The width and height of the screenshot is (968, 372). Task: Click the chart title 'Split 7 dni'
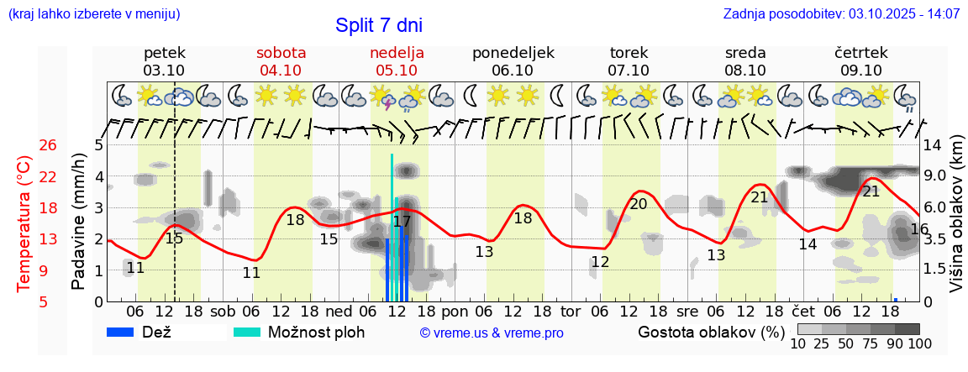point(379,25)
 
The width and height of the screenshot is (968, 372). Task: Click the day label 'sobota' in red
point(281,52)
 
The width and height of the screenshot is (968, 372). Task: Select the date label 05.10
point(397,71)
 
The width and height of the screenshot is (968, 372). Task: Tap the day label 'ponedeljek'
point(513,52)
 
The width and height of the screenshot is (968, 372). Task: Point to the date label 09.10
point(861,71)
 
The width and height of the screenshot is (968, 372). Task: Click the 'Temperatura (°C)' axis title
point(24,223)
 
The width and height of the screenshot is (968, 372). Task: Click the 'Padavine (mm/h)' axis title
point(78,223)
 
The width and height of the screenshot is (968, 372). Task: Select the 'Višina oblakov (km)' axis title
point(955,223)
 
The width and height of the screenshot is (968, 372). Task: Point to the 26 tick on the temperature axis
point(48,145)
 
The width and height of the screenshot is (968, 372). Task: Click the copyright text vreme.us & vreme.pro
point(492,333)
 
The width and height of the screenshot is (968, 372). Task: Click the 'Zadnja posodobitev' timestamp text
point(841,13)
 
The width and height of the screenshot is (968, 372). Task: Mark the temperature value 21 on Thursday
point(871,191)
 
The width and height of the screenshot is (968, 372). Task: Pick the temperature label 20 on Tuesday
point(639,203)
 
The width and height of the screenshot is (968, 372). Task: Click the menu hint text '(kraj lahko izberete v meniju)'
point(93,13)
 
